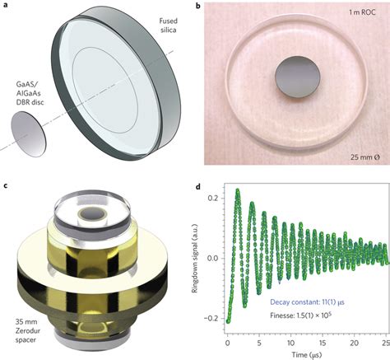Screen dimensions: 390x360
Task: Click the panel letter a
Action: coord(6,5)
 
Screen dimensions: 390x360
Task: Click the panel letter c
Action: coord(6,185)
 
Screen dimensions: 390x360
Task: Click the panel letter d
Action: coord(198,187)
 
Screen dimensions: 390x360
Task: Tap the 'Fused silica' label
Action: coord(168,26)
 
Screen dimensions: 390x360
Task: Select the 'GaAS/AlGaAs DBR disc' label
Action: coord(28,94)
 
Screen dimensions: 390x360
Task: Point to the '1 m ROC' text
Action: coord(362,12)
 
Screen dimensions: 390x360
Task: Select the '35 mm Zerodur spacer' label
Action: coord(27,330)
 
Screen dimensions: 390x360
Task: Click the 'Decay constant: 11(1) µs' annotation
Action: coord(307,302)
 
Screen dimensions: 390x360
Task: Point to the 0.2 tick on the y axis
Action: coord(213,198)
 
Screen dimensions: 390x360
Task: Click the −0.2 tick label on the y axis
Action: coord(211,318)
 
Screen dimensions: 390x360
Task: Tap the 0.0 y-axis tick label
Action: coord(213,258)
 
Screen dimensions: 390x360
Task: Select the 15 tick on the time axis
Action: coord(323,343)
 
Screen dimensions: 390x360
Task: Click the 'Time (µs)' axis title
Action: coord(306,354)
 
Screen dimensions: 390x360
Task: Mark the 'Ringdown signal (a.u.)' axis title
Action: coord(195,258)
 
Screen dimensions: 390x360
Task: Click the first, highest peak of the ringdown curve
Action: coord(238,190)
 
